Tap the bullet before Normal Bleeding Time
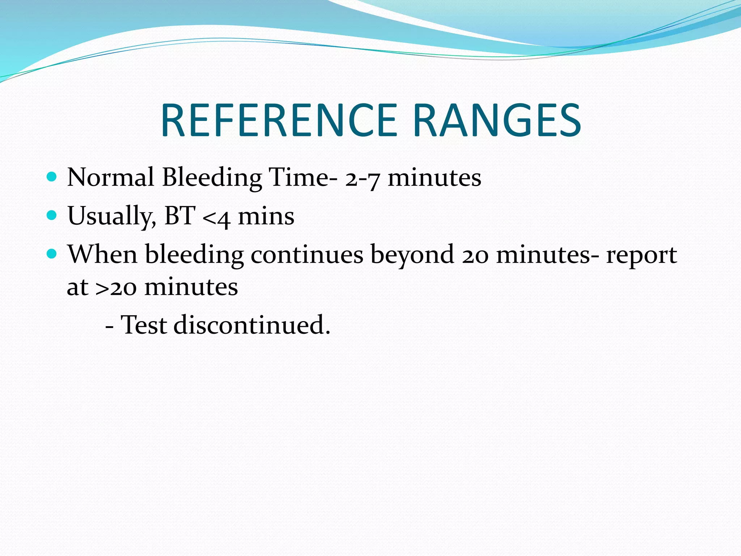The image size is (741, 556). [52, 177]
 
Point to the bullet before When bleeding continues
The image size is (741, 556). [52, 254]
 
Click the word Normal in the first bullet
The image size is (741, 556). [111, 177]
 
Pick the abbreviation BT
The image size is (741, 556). [180, 216]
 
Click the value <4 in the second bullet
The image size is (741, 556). [216, 217]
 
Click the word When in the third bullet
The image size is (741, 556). [102, 254]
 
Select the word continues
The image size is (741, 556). [307, 254]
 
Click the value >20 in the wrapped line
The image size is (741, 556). [116, 287]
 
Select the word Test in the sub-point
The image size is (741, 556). [144, 325]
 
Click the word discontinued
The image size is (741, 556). [252, 325]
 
